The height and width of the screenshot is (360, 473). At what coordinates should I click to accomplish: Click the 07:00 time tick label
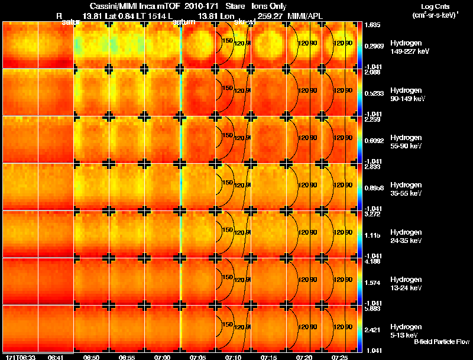click(163, 357)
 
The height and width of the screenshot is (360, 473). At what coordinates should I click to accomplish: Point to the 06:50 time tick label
click(92, 357)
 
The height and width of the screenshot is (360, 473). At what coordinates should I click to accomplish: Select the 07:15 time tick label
click(269, 357)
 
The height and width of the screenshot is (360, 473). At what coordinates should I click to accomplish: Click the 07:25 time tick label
click(340, 357)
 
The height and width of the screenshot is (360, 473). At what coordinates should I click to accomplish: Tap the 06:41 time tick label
click(56, 357)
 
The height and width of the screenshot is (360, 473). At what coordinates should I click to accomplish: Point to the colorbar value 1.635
click(373, 25)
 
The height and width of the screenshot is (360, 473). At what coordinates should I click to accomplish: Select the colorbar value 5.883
click(373, 309)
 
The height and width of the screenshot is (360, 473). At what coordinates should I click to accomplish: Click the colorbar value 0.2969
click(374, 46)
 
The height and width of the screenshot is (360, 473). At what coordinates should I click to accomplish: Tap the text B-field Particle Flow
click(441, 342)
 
